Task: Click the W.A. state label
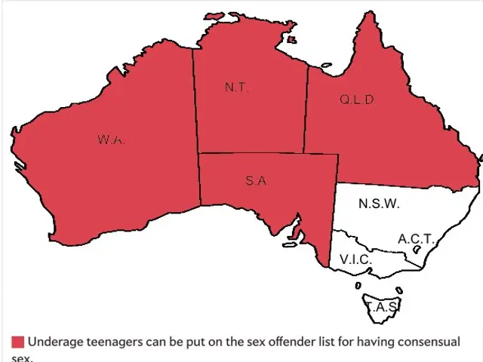(x=111, y=140)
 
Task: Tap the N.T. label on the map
(x=236, y=87)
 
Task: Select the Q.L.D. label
(x=357, y=100)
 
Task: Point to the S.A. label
(x=257, y=181)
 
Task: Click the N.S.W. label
(x=379, y=204)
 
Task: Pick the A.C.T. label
(x=416, y=239)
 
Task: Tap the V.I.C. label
(x=355, y=259)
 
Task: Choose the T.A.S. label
(x=383, y=308)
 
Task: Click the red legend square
(x=17, y=342)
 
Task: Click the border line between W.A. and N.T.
(x=195, y=106)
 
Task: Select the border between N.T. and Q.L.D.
(x=306, y=113)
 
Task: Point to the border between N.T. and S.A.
(x=249, y=154)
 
